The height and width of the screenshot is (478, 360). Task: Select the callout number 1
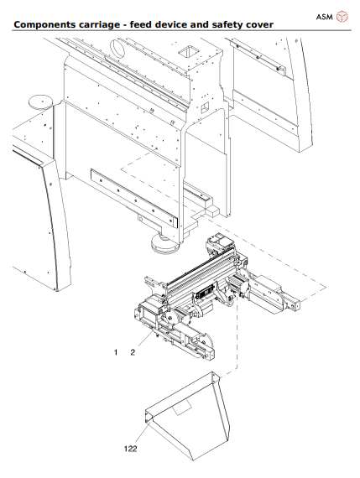click(x=116, y=353)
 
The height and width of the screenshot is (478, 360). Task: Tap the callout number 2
click(x=132, y=353)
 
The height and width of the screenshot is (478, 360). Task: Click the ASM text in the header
click(x=323, y=16)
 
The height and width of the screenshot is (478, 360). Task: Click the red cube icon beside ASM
click(x=342, y=16)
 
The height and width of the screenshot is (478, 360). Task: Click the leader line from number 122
click(x=139, y=431)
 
